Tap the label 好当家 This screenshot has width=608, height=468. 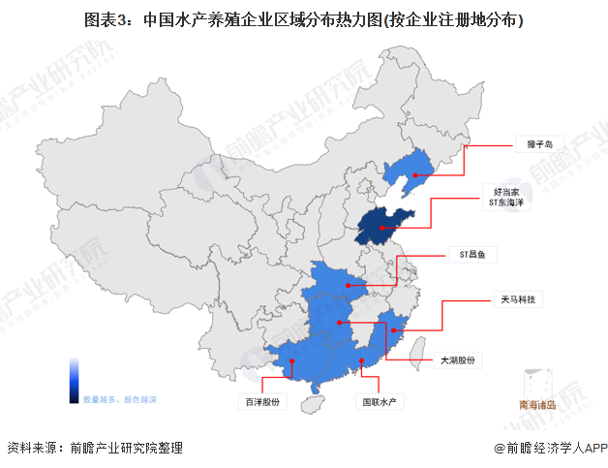pos(508,193)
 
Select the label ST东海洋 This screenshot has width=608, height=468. pos(508,203)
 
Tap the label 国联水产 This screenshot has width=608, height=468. pos(380,399)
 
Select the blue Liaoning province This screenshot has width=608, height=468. pos(406,170)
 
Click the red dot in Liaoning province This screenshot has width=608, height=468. pos(413,177)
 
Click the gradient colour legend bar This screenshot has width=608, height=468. pos(74,380)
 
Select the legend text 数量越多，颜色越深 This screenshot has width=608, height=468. pos(119,399)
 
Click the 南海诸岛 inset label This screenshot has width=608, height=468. pos(537,406)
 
